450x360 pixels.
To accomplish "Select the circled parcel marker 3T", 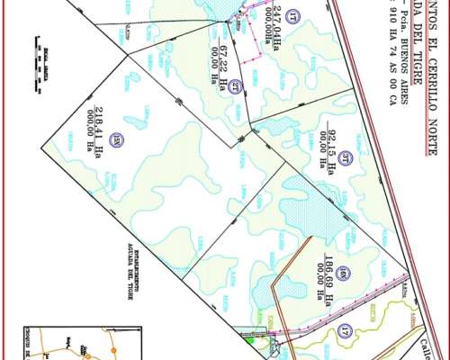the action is (345, 154).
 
